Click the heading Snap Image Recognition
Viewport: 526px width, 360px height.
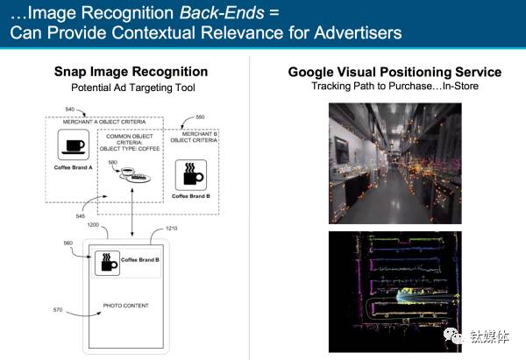point(131,72)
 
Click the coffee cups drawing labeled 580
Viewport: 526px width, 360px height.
point(132,174)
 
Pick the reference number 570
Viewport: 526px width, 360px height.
point(59,309)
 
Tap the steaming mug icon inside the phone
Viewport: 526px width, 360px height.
point(108,261)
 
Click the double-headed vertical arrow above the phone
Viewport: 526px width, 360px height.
point(131,209)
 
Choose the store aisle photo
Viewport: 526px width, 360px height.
point(394,161)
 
